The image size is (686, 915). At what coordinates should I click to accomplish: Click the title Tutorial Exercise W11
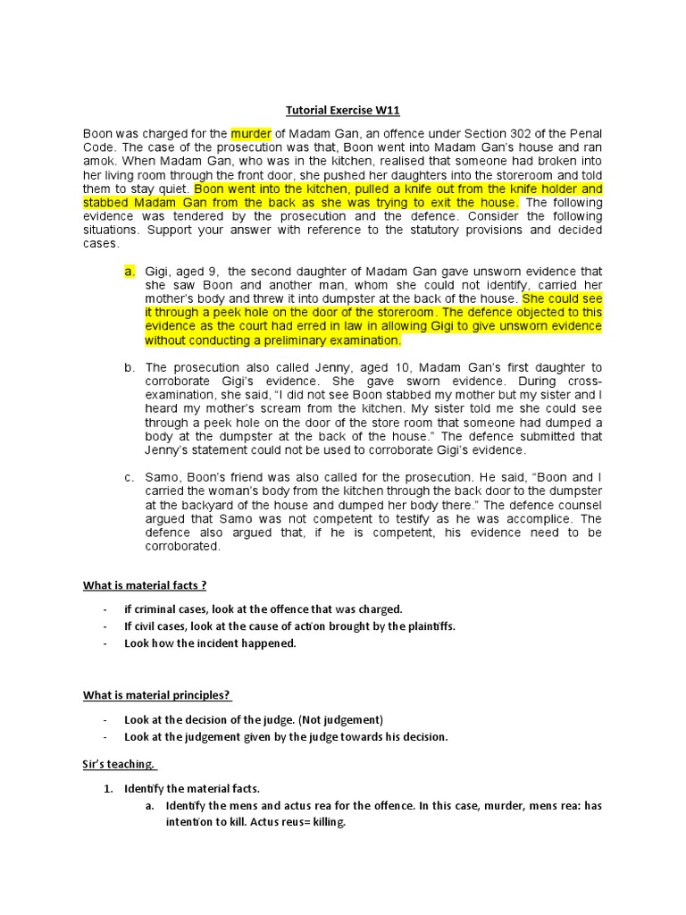point(342,111)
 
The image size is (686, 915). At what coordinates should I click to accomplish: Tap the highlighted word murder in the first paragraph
point(251,134)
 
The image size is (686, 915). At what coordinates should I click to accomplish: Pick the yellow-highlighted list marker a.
point(129,272)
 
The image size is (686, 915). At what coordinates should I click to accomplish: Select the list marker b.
point(129,367)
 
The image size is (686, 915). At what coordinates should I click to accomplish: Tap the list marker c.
point(129,477)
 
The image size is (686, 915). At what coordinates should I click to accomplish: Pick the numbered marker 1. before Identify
point(110,788)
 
